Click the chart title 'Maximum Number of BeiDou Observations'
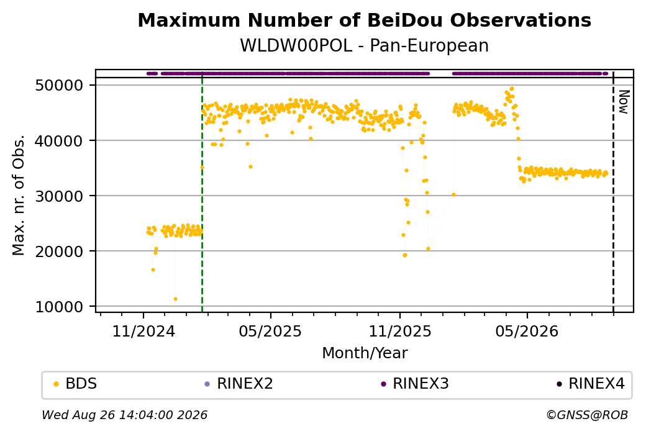[x=364, y=20]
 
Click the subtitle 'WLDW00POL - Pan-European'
[x=364, y=45]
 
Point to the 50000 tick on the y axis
[x=60, y=86]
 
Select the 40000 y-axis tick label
[x=60, y=141]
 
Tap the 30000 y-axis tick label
[x=60, y=196]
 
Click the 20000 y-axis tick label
[x=60, y=251]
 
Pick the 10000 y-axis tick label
[x=60, y=307]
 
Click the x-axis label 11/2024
[x=143, y=331]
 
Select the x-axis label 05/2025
[x=270, y=331]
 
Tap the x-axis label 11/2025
[x=399, y=331]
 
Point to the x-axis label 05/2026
[x=527, y=331]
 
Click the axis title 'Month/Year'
[x=365, y=353]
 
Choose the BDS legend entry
[x=76, y=384]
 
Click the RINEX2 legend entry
[x=239, y=384]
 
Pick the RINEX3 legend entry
[x=415, y=384]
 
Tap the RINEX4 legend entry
[x=591, y=384]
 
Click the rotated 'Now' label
[x=624, y=102]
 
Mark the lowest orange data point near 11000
[x=176, y=299]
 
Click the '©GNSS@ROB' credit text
[x=587, y=415]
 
